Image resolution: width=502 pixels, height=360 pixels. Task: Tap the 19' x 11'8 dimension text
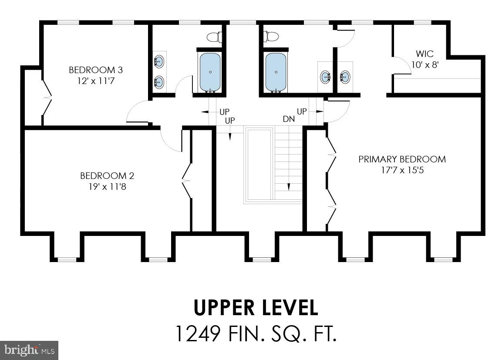107,187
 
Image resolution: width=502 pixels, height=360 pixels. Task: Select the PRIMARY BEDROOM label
402,159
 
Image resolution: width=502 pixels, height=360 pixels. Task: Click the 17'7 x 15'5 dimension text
402,170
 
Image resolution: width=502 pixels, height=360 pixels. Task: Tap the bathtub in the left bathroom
210,72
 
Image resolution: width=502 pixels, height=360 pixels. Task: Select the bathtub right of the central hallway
276,72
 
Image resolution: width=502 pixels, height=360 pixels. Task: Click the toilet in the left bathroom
213,37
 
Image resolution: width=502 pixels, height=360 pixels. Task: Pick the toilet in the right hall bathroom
271,37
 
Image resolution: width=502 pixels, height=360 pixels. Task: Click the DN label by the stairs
288,119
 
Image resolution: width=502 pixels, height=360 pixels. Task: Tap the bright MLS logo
29,350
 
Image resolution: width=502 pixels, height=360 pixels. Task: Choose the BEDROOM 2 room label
107,176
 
